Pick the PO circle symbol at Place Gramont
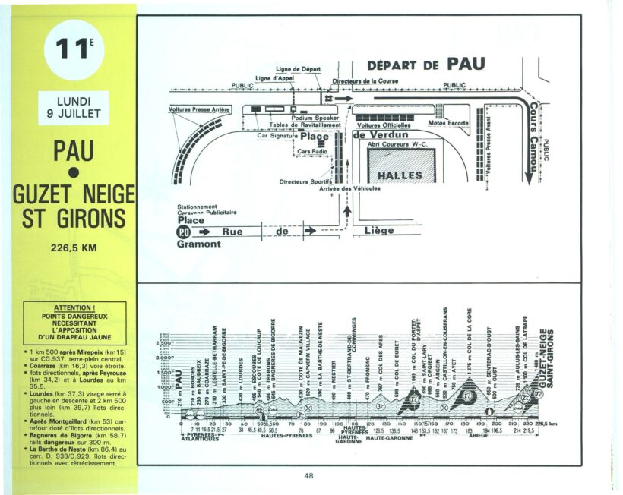pos(184,231)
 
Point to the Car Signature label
pos(277,136)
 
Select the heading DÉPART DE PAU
pos(425,65)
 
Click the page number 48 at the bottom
pos(309,476)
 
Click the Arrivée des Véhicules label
pos(349,189)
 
